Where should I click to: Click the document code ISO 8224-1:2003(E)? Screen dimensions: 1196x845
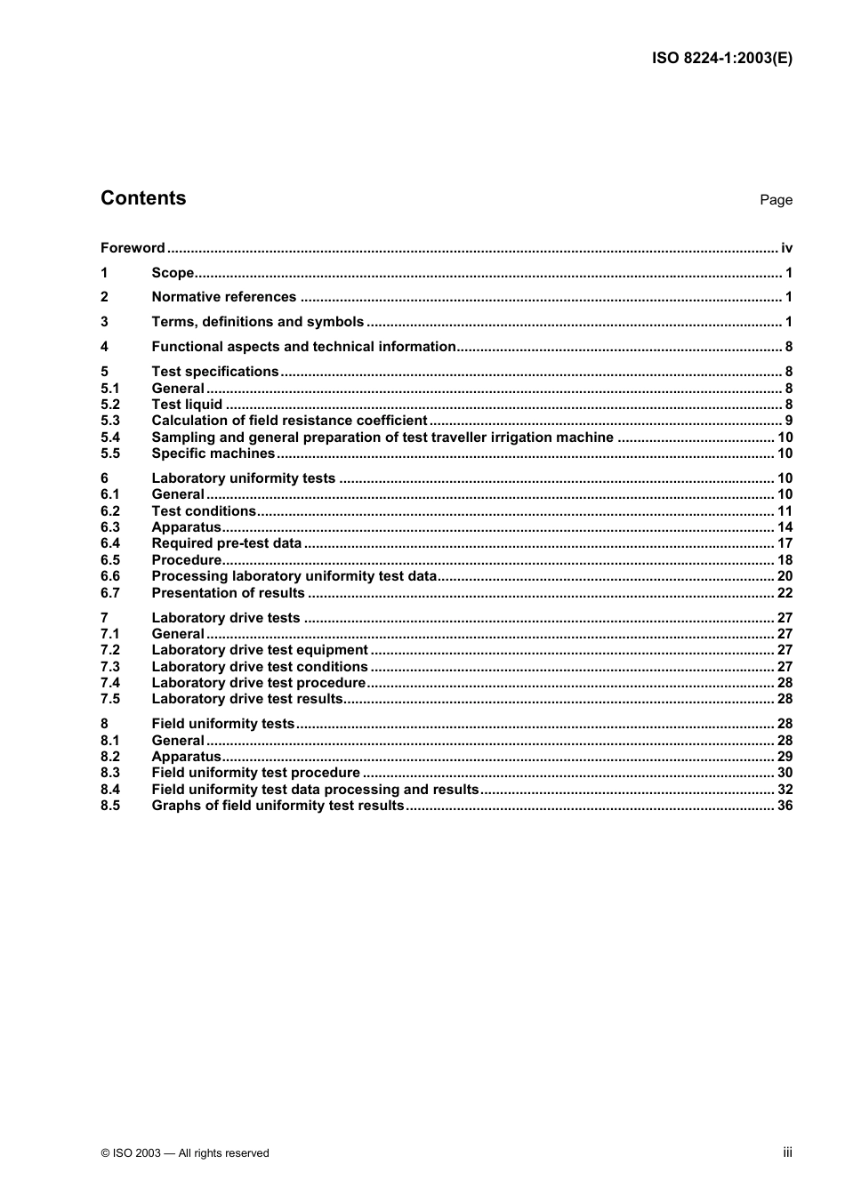tap(721, 58)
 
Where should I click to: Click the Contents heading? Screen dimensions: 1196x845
tap(143, 198)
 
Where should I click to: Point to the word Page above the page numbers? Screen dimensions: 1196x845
tap(776, 200)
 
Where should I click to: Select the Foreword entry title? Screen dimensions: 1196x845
tap(133, 248)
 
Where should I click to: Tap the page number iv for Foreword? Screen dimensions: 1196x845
tap(786, 248)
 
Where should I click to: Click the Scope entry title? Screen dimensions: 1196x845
tap(173, 273)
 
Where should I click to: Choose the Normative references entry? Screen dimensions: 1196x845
tap(223, 297)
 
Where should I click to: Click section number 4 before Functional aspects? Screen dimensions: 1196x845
tap(105, 347)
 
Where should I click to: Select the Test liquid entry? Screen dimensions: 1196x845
tap(187, 405)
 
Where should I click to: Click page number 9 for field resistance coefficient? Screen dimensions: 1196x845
tap(788, 421)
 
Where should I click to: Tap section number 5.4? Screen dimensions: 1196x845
tap(110, 437)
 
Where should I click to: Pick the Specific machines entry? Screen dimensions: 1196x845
tap(213, 454)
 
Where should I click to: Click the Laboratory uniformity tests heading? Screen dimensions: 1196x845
tap(243, 478)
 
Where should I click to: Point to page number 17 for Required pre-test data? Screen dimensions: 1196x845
tap(785, 543)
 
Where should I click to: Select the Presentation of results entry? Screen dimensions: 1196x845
tap(228, 593)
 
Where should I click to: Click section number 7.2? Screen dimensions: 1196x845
tap(110, 650)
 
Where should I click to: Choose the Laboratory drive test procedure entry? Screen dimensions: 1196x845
tap(258, 683)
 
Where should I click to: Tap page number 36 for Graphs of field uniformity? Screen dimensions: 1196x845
tap(785, 806)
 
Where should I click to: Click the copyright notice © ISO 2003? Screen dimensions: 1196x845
tap(185, 1153)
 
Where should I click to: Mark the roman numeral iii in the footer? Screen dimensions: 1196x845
tap(787, 1152)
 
